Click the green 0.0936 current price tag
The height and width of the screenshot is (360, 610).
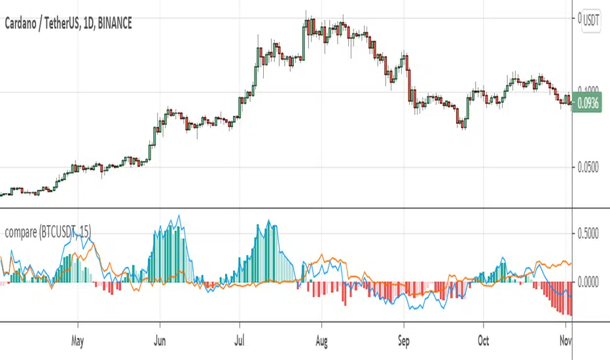click(x=588, y=103)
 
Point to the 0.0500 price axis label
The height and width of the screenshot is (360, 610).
click(x=588, y=168)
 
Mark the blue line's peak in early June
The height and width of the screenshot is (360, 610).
click(x=178, y=216)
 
